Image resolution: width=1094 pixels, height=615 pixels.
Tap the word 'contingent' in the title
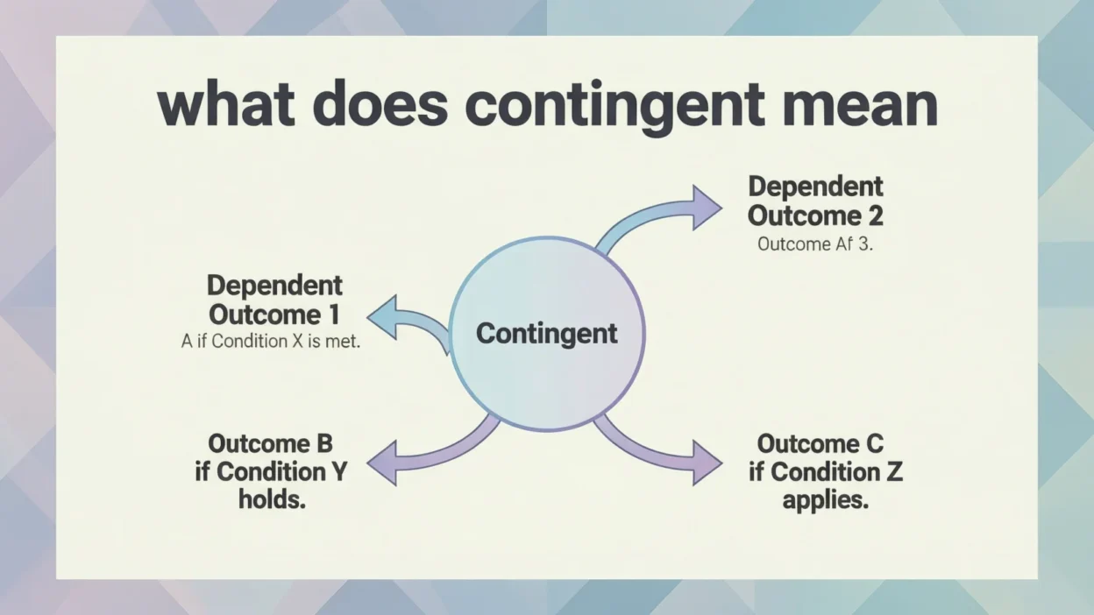point(614,107)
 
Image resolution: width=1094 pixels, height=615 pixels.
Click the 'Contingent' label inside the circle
point(546,334)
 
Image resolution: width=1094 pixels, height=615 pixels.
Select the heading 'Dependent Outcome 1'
point(274,300)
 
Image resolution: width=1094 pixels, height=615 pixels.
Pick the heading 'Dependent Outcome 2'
point(815,201)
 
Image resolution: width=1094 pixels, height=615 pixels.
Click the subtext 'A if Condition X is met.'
point(271,342)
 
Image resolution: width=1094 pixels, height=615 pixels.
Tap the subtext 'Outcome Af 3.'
point(815,244)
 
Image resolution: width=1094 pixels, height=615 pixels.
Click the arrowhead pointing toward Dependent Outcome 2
point(706,208)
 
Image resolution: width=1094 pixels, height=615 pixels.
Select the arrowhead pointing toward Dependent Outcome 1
point(383,316)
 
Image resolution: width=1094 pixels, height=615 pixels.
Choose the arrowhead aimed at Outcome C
point(706,462)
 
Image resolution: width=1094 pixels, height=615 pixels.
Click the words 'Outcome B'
point(270,443)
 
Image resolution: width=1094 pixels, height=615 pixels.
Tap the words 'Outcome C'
point(820,443)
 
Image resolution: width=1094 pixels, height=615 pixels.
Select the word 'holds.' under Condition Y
point(272,500)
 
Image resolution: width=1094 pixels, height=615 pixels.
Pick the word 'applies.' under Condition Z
point(825,502)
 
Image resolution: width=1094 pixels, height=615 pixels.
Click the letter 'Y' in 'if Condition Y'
point(337,471)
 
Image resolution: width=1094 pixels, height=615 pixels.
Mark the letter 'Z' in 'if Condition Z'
point(893,471)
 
